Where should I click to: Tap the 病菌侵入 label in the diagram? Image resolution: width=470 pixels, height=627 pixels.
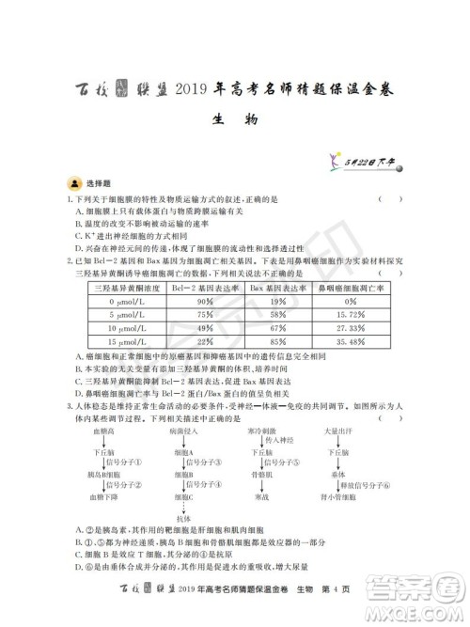pyautogui.click(x=184, y=429)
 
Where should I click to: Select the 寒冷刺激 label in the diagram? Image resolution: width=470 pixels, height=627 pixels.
pyautogui.click(x=260, y=429)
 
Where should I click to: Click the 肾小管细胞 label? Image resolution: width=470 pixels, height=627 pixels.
pyautogui.click(x=337, y=496)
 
